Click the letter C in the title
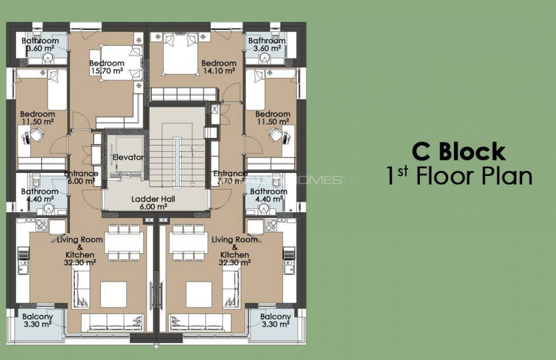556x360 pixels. [421, 152]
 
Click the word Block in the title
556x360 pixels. [472, 152]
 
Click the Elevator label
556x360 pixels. [127, 158]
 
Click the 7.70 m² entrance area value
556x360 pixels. [230, 181]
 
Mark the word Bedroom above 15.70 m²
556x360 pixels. [107, 63]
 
